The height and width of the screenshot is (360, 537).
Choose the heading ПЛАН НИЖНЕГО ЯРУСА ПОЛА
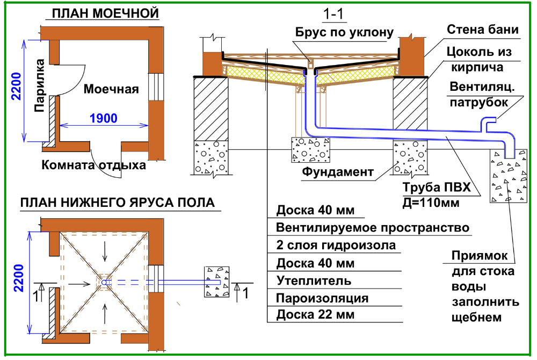point(117,203)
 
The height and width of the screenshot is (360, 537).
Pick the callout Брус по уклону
point(340,32)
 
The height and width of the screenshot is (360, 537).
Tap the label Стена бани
point(483,29)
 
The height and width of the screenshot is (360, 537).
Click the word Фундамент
point(337,172)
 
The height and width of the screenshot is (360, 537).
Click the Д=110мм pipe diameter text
point(431,203)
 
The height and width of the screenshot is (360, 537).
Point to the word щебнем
point(477,318)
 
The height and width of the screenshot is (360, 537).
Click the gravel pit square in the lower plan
point(217,282)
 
